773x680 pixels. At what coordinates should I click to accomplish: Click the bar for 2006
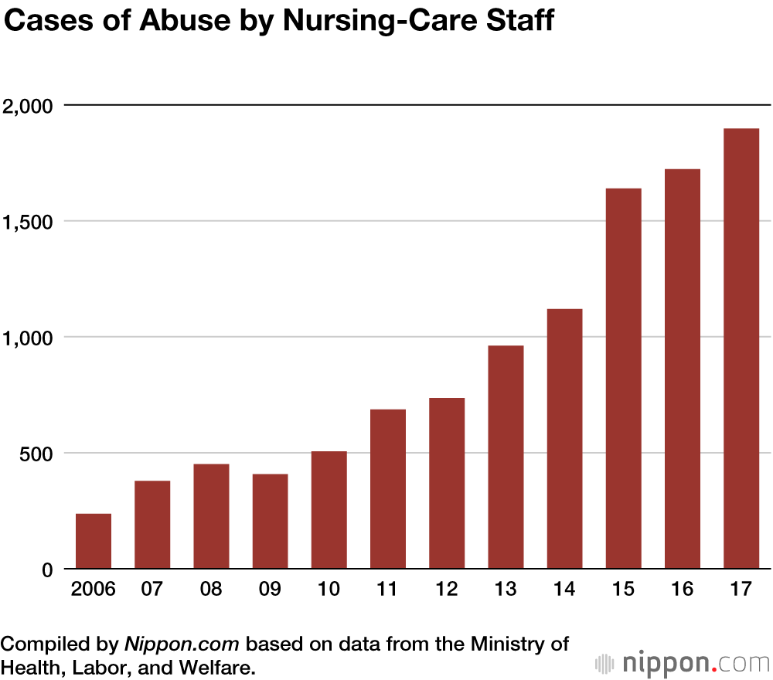pyautogui.click(x=93, y=541)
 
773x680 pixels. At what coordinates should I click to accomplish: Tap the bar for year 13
pyautogui.click(x=506, y=457)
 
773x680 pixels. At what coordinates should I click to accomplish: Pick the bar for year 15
pyautogui.click(x=624, y=379)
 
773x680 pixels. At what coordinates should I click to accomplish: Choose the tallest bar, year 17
pyautogui.click(x=741, y=348)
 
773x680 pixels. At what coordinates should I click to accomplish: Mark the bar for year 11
pyautogui.click(x=388, y=489)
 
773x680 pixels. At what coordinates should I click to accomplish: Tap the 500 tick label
pyautogui.click(x=38, y=453)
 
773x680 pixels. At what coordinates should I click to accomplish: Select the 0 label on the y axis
pyautogui.click(x=47, y=569)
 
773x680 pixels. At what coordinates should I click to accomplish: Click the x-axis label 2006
pyautogui.click(x=93, y=590)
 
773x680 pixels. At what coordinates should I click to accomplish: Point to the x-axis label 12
pyautogui.click(x=447, y=590)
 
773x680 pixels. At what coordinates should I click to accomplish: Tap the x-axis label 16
pyautogui.click(x=683, y=590)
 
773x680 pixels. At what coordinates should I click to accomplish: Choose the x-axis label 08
pyautogui.click(x=211, y=590)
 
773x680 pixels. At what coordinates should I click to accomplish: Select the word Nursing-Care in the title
pyautogui.click(x=371, y=22)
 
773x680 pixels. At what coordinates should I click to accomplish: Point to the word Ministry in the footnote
pyautogui.click(x=505, y=644)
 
